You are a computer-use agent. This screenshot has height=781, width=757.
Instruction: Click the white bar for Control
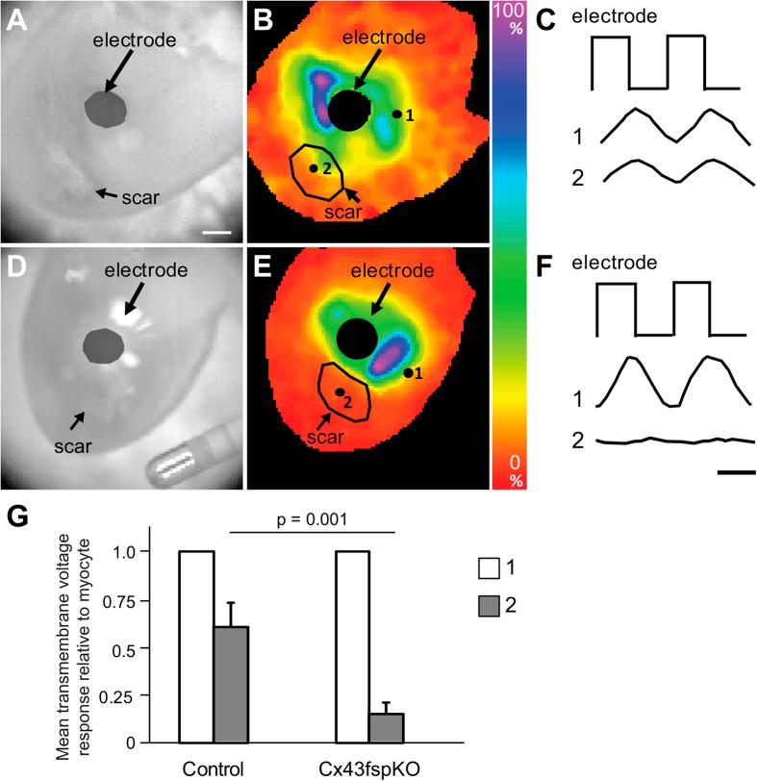pyautogui.click(x=197, y=646)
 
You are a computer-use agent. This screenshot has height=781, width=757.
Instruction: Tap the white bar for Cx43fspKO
pyautogui.click(x=351, y=646)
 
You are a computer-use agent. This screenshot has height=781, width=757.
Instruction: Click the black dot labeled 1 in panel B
pyautogui.click(x=396, y=114)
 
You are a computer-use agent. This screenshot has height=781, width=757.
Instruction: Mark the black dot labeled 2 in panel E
pyautogui.click(x=339, y=391)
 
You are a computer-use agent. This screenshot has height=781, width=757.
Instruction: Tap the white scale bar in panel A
pyautogui.click(x=217, y=232)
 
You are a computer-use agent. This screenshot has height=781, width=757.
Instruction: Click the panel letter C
pyautogui.click(x=546, y=20)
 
